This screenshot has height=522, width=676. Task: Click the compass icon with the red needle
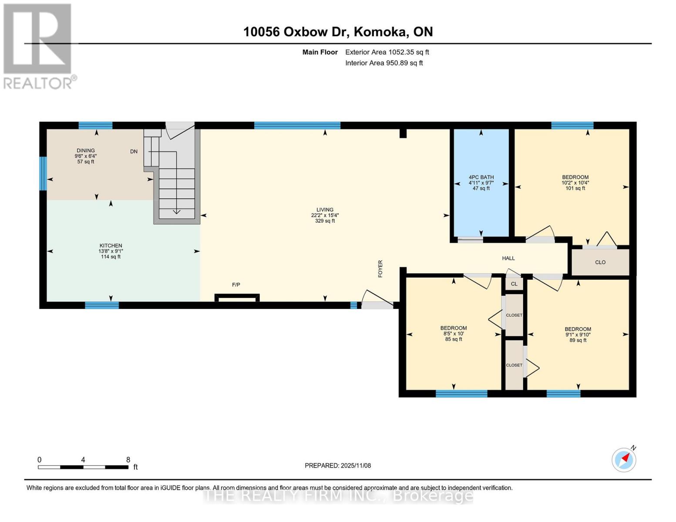tap(624, 459)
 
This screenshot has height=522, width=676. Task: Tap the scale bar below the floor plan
tap(83, 467)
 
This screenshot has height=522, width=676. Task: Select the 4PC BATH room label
tap(481, 183)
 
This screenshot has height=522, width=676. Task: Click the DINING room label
tap(86, 156)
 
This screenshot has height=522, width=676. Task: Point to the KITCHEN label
tap(111, 251)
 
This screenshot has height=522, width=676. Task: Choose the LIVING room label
tap(325, 215)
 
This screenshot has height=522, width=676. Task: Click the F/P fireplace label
tap(236, 285)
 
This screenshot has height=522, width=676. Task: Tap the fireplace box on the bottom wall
tap(237, 298)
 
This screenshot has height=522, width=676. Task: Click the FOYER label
tap(380, 269)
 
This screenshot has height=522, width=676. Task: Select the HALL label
tap(508, 258)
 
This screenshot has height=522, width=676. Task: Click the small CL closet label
tap(514, 284)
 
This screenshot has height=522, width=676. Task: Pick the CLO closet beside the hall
tap(600, 262)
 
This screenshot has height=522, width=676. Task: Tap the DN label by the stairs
tap(134, 151)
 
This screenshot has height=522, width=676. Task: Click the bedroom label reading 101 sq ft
tap(575, 183)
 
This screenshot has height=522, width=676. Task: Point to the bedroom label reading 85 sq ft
tap(454, 334)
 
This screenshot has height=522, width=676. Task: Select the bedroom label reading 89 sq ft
tap(578, 335)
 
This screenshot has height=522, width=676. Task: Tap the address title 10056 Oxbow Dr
tap(338, 32)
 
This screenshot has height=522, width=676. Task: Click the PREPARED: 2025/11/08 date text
tap(338, 465)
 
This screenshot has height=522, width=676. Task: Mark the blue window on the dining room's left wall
tap(43, 174)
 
